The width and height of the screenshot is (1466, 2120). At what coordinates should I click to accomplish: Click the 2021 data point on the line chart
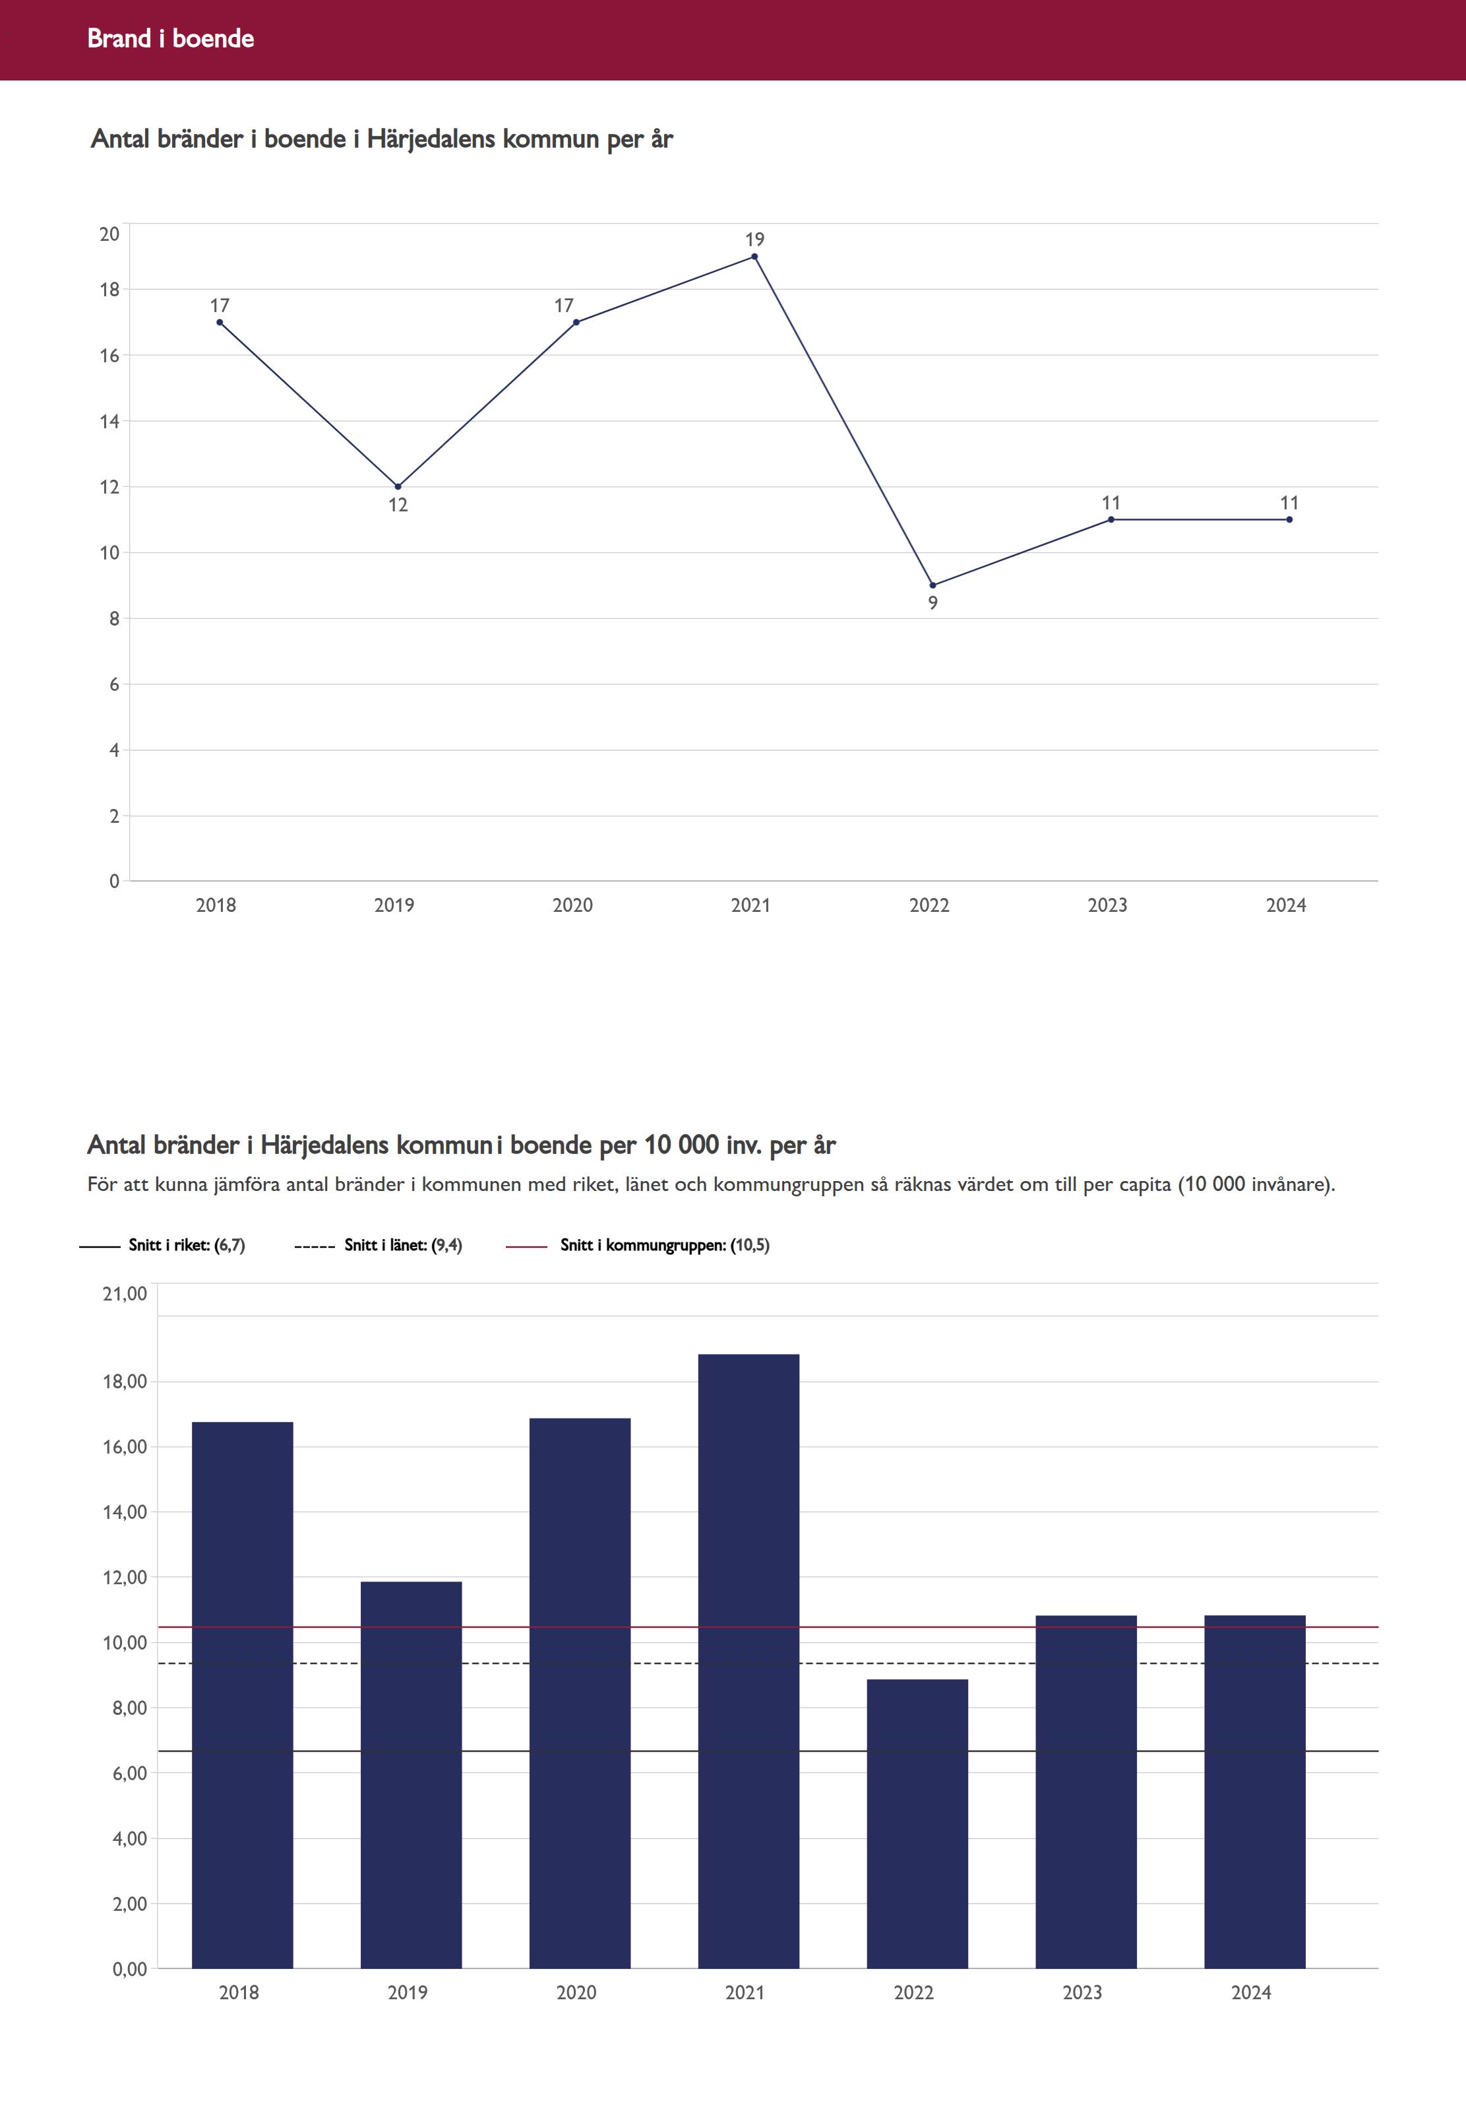tap(755, 257)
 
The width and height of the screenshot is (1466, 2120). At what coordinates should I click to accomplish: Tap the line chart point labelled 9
tap(933, 585)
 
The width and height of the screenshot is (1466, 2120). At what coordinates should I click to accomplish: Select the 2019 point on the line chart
tap(398, 487)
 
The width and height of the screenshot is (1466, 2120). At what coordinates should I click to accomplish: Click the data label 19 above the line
tap(755, 240)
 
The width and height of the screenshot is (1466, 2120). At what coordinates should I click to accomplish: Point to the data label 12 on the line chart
tap(398, 505)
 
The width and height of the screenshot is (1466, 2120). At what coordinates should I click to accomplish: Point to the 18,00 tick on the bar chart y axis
tap(125, 1381)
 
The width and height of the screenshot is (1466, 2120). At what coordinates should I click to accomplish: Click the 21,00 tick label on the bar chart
tap(125, 1294)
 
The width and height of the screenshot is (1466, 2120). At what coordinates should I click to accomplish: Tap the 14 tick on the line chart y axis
tap(109, 422)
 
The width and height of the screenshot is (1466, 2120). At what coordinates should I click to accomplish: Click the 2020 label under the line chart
tap(572, 905)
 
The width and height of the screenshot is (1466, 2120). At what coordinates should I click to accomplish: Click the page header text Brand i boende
tap(171, 38)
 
